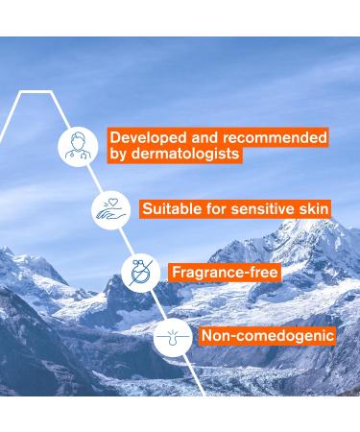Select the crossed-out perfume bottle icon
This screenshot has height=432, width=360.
pyautogui.click(x=141, y=273)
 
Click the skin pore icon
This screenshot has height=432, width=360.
pyautogui.click(x=172, y=336)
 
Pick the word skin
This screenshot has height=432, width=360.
pyautogui.click(x=311, y=208)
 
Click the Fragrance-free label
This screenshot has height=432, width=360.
pyautogui.click(x=225, y=273)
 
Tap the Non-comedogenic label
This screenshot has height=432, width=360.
pyautogui.click(x=267, y=336)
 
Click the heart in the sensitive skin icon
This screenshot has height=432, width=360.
pyautogui.click(x=113, y=203)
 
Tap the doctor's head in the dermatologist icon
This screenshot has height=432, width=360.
pyautogui.click(x=78, y=137)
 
